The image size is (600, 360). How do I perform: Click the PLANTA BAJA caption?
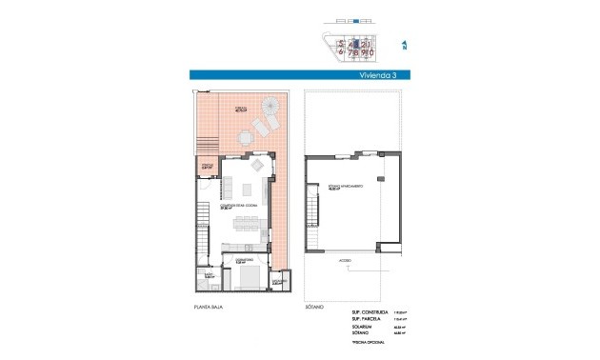[208, 307]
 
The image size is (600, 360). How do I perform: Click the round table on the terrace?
[248, 137]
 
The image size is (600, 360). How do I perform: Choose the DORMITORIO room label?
[243, 258]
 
